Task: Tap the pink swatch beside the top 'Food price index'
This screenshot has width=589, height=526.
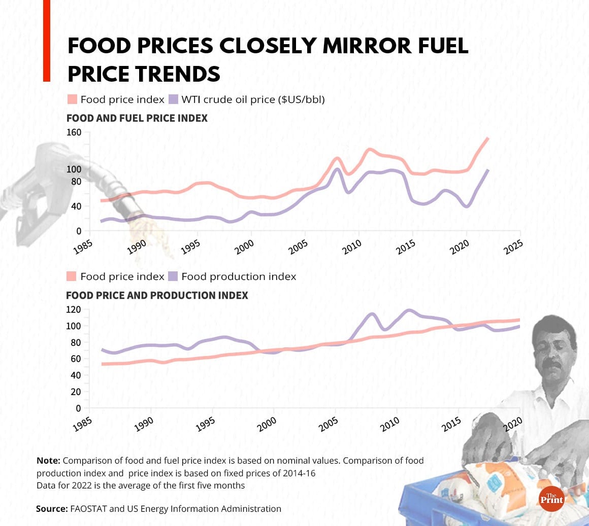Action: click(x=72, y=99)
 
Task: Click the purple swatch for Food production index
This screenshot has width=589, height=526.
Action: click(x=173, y=276)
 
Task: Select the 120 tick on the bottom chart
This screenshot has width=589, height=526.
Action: click(x=74, y=309)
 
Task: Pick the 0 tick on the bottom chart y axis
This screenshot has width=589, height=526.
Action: click(x=78, y=408)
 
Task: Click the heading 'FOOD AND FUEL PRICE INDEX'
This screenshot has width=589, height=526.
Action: click(x=137, y=118)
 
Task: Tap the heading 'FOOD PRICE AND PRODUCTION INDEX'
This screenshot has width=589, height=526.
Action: click(x=157, y=295)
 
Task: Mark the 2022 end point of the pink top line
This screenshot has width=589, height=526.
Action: click(x=488, y=138)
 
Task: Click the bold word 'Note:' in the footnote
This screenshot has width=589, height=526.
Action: click(x=48, y=461)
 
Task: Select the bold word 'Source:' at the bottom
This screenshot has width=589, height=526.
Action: click(x=51, y=508)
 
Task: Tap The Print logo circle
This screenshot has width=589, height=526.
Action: click(x=551, y=499)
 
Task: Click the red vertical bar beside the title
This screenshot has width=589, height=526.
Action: click(x=46, y=41)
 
